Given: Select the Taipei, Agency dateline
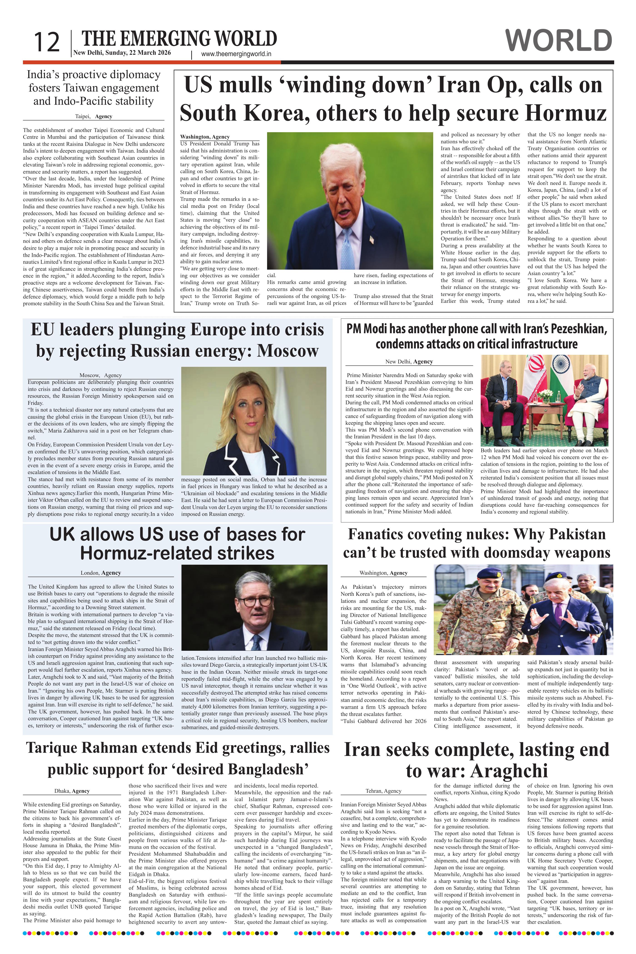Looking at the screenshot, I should click(x=93, y=116).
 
